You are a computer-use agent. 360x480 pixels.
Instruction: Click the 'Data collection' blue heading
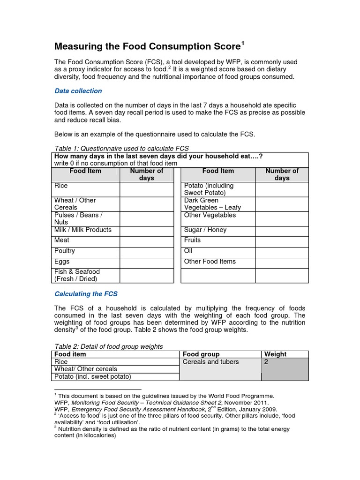pos(78,91)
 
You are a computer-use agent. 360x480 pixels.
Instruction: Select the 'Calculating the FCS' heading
pos(86,294)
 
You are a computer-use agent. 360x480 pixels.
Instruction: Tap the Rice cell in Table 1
pos(87,189)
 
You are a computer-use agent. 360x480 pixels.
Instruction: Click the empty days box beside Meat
pos(146,241)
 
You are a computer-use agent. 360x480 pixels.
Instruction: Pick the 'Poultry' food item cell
pos(87,252)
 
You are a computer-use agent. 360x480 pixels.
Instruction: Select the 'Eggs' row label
pos(87,262)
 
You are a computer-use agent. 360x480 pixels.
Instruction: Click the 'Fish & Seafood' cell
pos(87,275)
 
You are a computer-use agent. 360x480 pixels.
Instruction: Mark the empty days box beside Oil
pos(282,252)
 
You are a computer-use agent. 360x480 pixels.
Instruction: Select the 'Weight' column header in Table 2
pos(276,354)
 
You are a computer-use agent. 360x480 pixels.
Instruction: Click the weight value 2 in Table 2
pos(267,362)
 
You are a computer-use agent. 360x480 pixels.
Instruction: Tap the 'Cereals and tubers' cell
pos(210,362)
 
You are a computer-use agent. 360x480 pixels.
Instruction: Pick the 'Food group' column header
pos(201,354)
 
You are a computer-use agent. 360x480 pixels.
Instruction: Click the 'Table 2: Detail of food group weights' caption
pos(109,346)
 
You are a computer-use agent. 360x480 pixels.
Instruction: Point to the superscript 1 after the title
pos(243,44)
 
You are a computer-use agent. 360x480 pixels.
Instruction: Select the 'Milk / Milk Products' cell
pos(87,230)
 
